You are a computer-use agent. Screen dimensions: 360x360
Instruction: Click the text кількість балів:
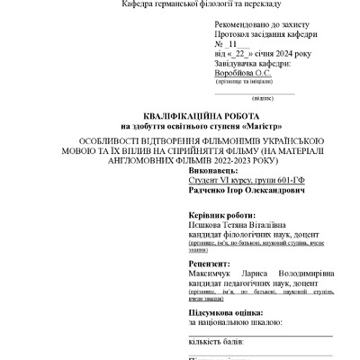point(216,342)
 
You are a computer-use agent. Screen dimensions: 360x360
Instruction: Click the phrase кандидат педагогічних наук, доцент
point(247,280)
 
